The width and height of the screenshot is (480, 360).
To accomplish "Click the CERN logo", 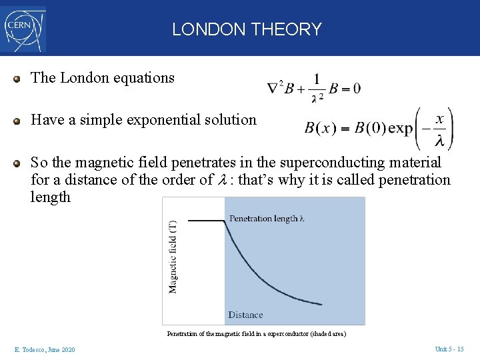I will [25, 29].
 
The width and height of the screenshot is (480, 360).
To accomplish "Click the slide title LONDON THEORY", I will [247, 29].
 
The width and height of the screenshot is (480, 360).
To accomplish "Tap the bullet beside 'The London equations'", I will [17, 79].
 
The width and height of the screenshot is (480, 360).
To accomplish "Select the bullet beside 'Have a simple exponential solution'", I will [17, 121].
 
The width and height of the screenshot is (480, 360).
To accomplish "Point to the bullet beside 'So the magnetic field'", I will [17, 163].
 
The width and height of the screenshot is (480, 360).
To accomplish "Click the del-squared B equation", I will [313, 89].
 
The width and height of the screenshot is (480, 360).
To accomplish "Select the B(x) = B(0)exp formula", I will [379, 128].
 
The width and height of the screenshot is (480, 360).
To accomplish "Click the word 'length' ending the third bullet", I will [51, 197].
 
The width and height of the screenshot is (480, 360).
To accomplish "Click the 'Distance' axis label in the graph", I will [245, 315].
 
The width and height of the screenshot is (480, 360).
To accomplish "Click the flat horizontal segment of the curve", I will [207, 220].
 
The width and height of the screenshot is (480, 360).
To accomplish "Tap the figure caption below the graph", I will [257, 333].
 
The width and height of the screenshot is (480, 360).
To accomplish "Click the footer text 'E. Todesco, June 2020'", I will [44, 350].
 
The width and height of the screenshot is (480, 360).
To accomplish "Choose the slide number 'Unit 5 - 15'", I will [449, 349].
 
